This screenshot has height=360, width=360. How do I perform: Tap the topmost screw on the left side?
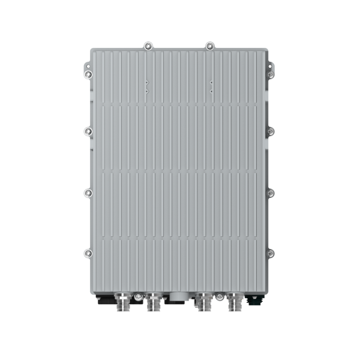click(88, 73)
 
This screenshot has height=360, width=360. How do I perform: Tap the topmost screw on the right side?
click(271, 73)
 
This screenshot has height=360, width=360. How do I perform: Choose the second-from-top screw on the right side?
click(271, 130)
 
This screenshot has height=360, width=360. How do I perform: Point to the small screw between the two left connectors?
click(139, 295)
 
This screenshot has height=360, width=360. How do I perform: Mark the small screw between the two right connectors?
click(220, 295)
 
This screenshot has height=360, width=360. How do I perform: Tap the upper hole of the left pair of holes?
click(146, 83)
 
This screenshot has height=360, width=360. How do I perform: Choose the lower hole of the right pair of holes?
click(211, 91)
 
